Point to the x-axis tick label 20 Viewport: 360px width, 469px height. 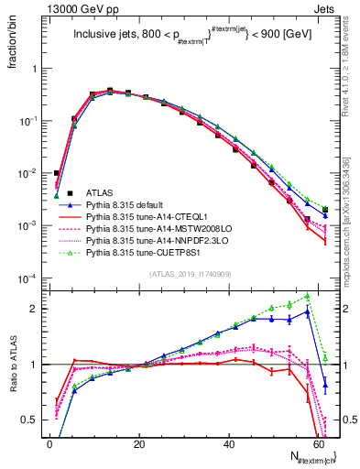tap(139, 442)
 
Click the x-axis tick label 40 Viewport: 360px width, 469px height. tap(229, 442)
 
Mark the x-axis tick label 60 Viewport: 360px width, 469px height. tap(319, 442)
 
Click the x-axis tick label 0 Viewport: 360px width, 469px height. tap(49, 442)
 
